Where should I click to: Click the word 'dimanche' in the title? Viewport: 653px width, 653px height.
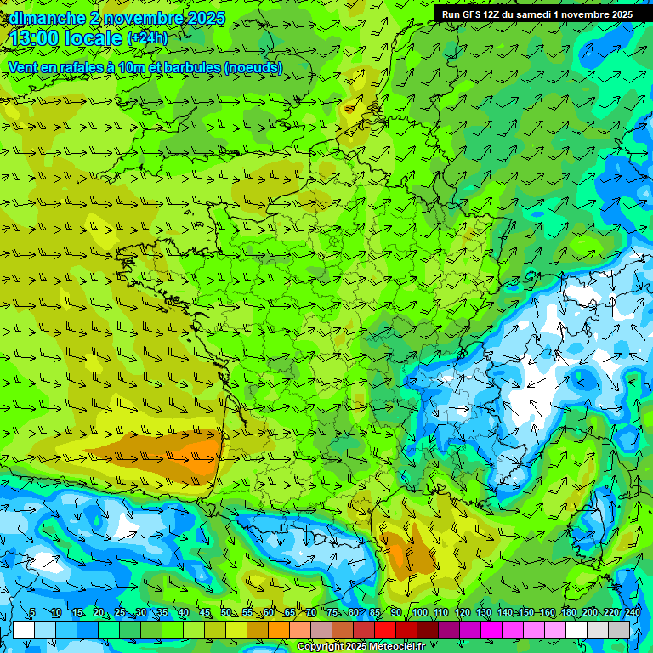pos(46,18)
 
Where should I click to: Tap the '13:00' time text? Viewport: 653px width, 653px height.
pos(39,38)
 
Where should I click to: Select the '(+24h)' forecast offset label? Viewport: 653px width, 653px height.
pos(147,38)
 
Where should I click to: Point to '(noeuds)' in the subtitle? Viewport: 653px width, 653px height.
pos(251,67)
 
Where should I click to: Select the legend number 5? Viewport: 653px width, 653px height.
pos(32,613)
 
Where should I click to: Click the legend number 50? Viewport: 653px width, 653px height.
pos(225,613)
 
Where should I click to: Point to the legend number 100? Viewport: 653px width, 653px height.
pos(419,613)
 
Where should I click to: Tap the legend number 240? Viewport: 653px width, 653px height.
pos(633,613)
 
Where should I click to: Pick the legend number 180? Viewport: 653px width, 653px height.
pos(569,613)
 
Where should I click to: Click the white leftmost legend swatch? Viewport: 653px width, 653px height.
pos(24,629)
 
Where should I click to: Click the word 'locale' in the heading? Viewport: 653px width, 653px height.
pos(89,38)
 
